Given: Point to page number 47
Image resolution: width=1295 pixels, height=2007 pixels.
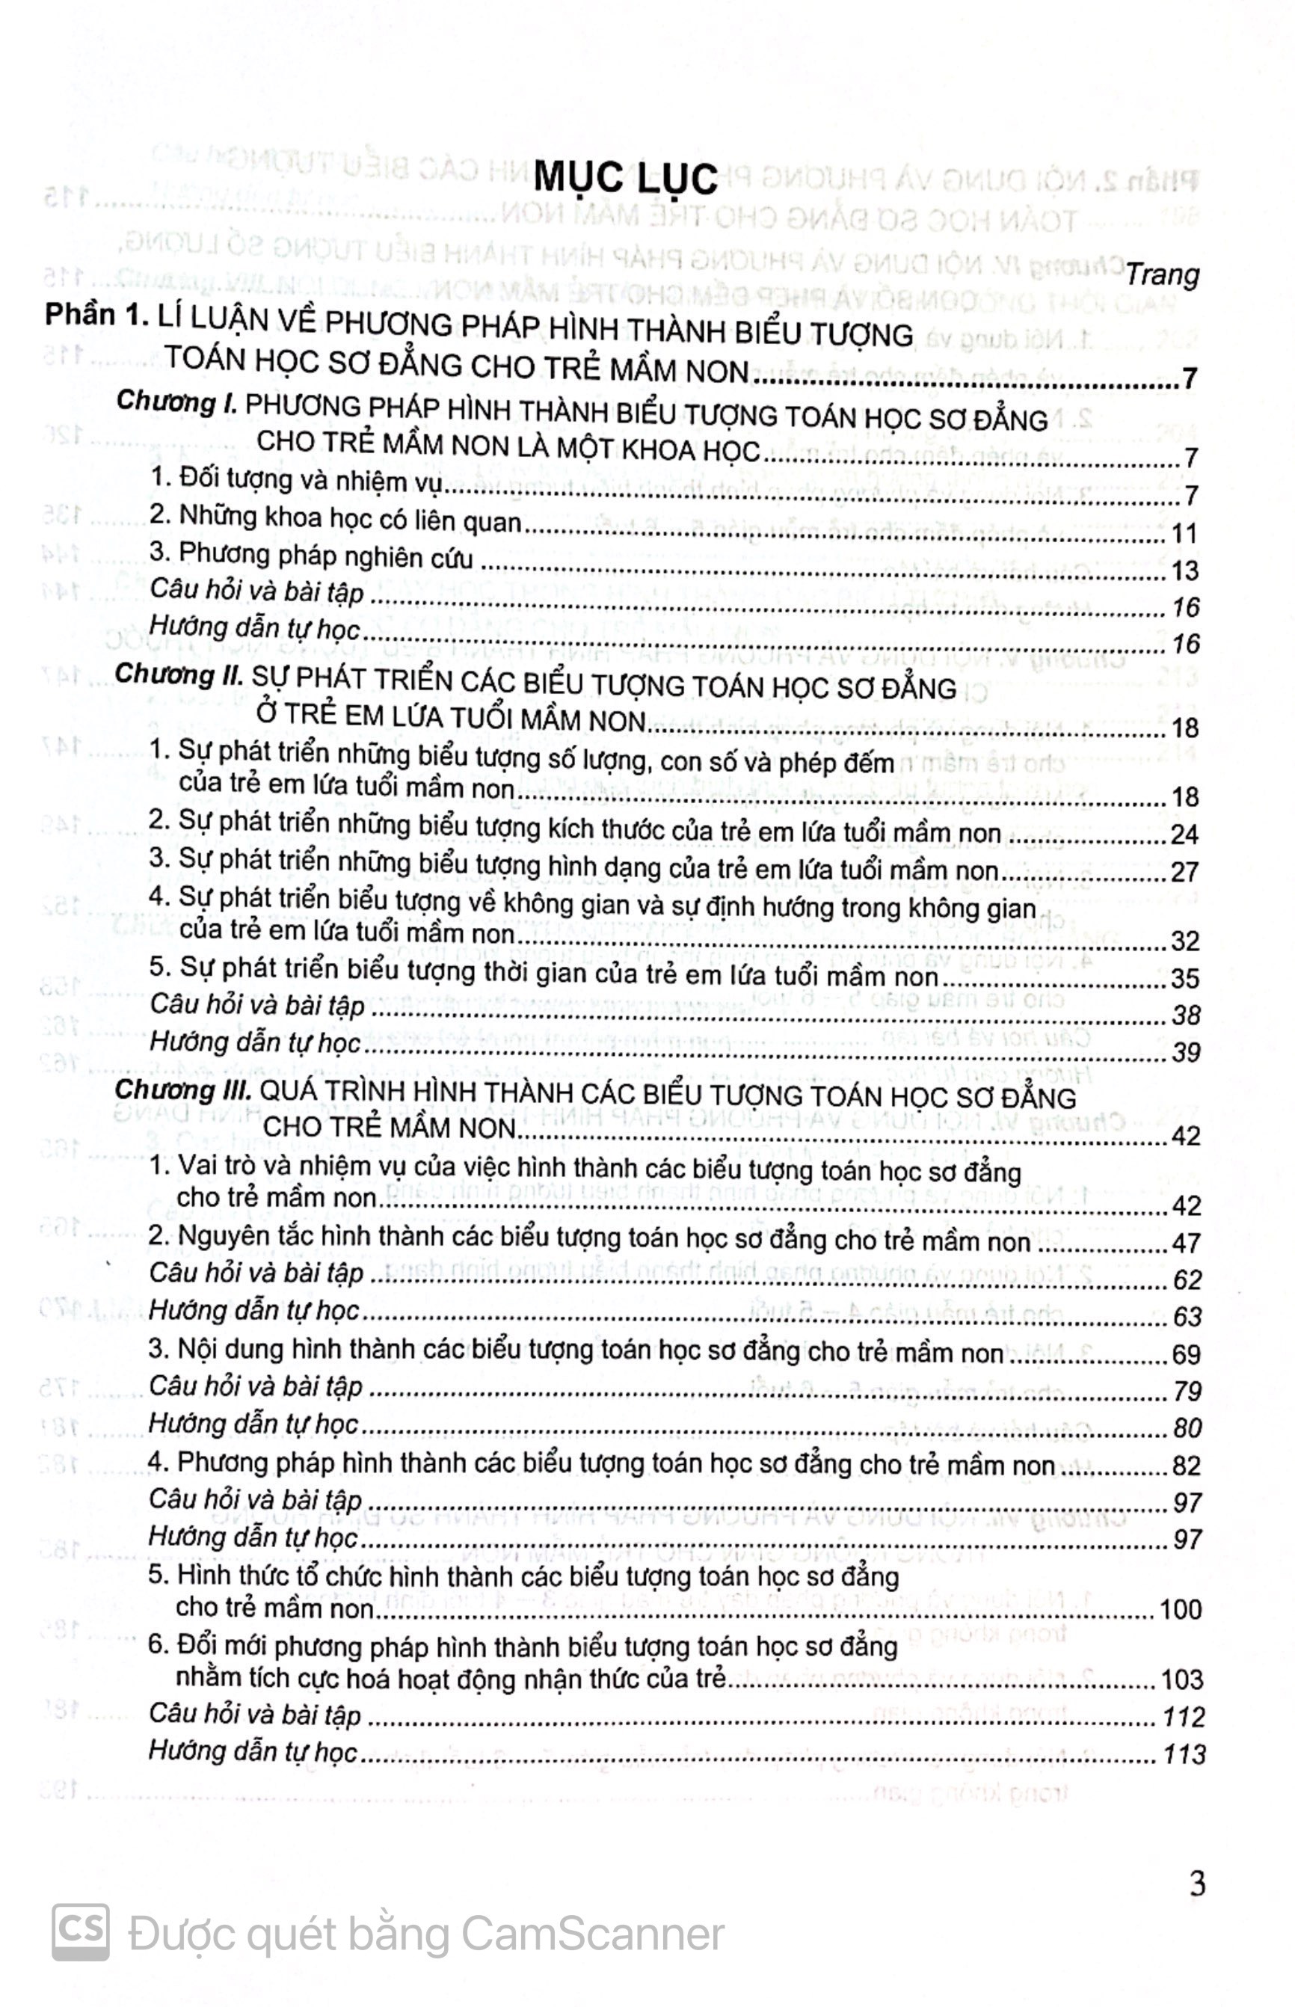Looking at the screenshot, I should point(1185,1243).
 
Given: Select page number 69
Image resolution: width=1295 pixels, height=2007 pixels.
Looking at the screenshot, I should point(1185,1354).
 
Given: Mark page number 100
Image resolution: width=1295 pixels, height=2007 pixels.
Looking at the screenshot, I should point(1180,1609).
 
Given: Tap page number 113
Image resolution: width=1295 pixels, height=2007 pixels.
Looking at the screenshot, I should point(1183,1754).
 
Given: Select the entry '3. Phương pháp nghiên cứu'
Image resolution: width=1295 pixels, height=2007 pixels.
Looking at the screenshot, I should point(310,557).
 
